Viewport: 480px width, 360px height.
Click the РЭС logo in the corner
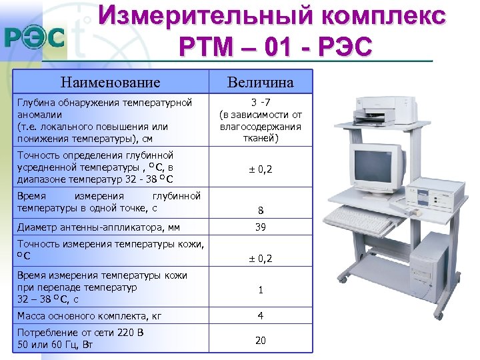[35, 37]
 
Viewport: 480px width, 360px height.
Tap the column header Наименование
[110, 82]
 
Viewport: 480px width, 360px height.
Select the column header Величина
[260, 82]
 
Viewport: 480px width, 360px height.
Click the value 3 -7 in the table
[260, 103]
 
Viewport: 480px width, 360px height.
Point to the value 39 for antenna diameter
[261, 227]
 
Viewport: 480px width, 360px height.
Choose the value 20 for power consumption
[261, 340]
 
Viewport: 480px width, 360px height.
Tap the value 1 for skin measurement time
[261, 290]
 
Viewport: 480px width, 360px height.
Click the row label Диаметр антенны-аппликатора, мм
[99, 227]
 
